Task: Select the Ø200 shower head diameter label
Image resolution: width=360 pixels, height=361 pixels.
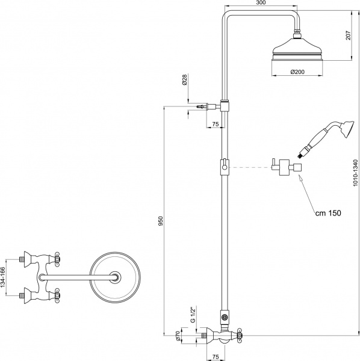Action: pyautogui.click(x=296, y=72)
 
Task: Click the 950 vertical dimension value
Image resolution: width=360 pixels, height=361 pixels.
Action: pyautogui.click(x=159, y=221)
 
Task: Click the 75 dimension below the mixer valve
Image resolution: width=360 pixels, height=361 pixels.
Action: pyautogui.click(x=216, y=356)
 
